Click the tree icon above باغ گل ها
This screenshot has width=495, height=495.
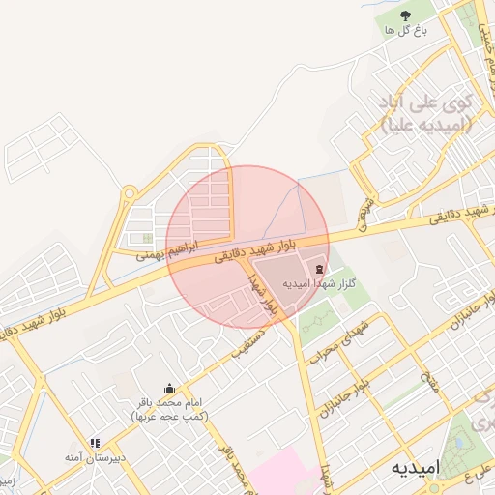point(405,15)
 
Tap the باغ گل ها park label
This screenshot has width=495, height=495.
point(405,31)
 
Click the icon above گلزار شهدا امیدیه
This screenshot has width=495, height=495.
point(319,267)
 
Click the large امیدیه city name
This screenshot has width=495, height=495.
point(416,468)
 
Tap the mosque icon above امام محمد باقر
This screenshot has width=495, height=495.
point(170,389)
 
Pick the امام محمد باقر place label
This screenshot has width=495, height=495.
point(170,408)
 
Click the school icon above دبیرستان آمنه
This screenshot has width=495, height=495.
point(94,443)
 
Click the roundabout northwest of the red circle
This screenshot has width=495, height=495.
point(129,193)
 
